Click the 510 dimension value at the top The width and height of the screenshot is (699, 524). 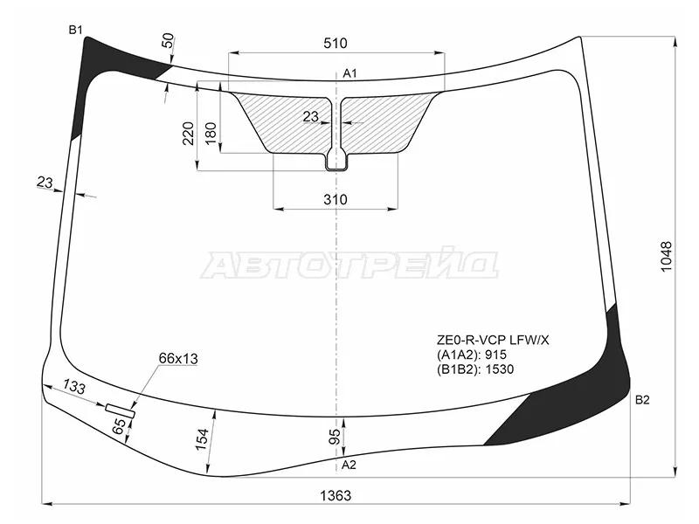tap(336, 43)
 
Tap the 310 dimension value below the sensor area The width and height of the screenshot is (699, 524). tap(336, 200)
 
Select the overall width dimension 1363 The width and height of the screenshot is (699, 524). tap(336, 495)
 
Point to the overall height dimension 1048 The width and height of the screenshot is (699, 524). tap(666, 257)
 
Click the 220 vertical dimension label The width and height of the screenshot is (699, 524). tap(188, 134)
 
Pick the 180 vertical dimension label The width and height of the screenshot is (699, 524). tap(210, 134)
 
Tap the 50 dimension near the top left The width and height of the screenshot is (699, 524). tap(168, 40)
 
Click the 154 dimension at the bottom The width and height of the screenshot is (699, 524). tap(202, 439)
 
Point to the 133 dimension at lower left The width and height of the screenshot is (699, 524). tap(73, 386)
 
